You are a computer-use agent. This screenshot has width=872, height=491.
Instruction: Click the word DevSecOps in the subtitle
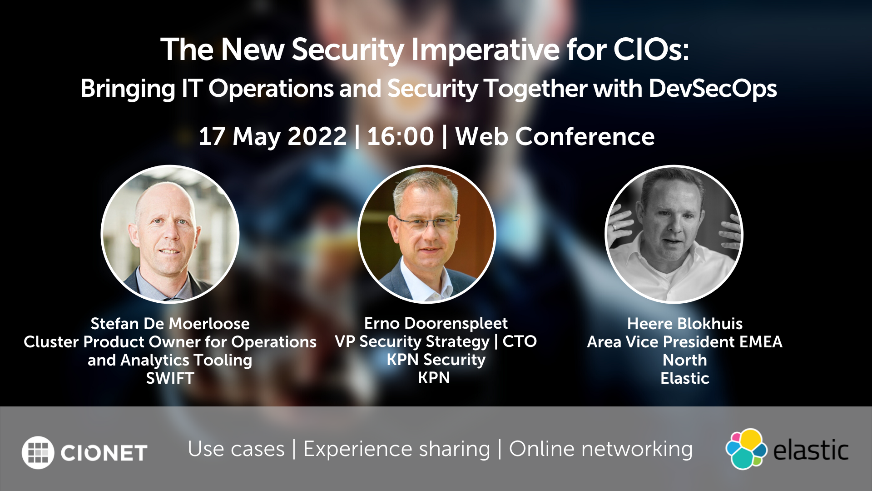[713, 88]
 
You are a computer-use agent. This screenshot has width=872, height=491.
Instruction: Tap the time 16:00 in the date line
[400, 136]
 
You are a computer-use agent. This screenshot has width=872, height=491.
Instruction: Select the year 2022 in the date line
[317, 136]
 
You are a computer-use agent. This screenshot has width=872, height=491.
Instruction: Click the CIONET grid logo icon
[38, 452]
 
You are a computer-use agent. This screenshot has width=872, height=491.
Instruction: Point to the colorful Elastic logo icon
[746, 449]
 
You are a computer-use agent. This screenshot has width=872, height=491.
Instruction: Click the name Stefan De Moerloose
[170, 324]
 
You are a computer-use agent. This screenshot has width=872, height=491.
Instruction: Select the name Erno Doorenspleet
[436, 323]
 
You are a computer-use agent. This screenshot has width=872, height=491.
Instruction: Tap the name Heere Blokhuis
[685, 324]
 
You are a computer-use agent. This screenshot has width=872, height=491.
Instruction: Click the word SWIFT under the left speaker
[170, 378]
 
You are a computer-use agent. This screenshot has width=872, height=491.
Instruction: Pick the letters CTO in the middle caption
[520, 341]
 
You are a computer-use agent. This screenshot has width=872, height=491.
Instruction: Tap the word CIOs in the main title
[651, 49]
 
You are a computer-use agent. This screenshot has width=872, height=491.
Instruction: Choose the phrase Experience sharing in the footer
[397, 450]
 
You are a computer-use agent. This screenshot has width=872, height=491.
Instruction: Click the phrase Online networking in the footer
[601, 450]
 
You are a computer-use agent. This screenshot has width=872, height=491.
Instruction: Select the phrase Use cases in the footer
[236, 450]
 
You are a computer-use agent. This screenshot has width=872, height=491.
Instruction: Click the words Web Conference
[555, 136]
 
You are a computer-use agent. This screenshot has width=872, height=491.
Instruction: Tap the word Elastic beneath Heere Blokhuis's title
[685, 378]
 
